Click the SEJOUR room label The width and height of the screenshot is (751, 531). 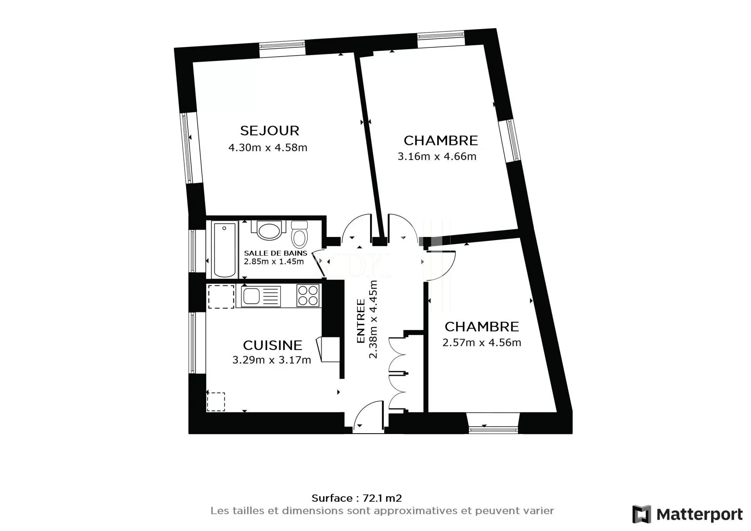pos(269,130)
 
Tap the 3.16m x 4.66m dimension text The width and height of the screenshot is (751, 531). pos(437,156)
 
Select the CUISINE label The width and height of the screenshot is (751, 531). pos(273,345)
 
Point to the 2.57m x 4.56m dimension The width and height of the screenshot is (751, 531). pos(482,343)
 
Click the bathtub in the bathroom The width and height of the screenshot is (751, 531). pos(225,249)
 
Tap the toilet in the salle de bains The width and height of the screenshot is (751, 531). pos(300,233)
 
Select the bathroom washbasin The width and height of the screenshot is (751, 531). pos(268,230)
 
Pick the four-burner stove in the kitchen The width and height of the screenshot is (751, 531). pos(308,295)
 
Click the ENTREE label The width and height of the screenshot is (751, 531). pos(361,321)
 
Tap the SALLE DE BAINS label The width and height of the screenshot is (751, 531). pos(275,253)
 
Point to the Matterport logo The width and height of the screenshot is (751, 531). pos(688,514)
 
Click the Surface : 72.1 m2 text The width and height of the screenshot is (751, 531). pos(357,498)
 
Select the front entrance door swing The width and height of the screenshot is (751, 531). pos(368,417)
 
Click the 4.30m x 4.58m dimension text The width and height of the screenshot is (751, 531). pos(268,148)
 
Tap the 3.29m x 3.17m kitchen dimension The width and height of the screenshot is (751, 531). pos(271,360)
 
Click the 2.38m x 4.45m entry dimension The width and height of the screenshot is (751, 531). pos(374,319)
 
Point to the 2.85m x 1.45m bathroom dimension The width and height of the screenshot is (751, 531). pos(274,262)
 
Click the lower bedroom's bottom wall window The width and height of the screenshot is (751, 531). pos(493,429)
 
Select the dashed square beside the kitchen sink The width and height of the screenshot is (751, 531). pos(221,297)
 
